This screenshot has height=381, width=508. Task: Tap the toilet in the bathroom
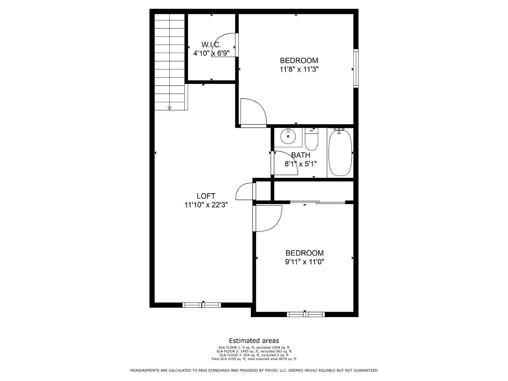point(311,140)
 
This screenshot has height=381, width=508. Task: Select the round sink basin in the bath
point(288,137)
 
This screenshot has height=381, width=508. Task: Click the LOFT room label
point(206,196)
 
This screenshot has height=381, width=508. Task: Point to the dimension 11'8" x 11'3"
point(299,69)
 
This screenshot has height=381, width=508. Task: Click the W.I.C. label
point(211,44)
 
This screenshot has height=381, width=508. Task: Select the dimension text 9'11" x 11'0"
point(304,262)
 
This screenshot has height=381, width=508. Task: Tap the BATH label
point(300,155)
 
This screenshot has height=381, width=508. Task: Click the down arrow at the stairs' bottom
point(169,108)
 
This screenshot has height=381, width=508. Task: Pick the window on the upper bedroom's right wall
point(356,68)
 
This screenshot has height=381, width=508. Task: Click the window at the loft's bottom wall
point(202,305)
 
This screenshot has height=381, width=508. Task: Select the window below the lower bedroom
point(305,314)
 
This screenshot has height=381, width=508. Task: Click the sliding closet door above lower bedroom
point(317,202)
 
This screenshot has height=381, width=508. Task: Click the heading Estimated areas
point(254,341)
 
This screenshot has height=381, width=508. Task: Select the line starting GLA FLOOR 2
point(254,351)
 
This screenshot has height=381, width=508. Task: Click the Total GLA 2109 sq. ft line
point(254,359)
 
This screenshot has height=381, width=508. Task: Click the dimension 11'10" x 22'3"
point(206,205)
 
